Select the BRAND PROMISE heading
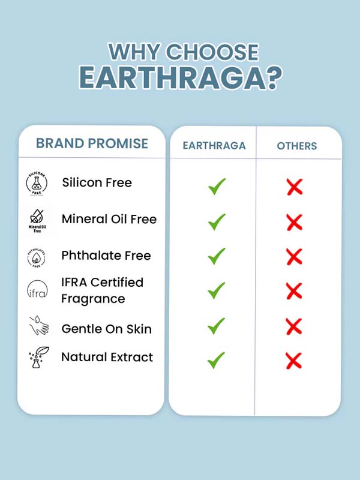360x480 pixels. [92, 143]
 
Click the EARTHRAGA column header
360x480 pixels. [214, 146]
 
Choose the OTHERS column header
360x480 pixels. [296, 146]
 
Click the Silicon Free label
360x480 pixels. [97, 182]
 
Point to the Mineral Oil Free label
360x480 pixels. [109, 219]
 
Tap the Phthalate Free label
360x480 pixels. [106, 256]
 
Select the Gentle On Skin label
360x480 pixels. [107, 329]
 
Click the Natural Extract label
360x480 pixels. [107, 357]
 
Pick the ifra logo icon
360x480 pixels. [37, 289]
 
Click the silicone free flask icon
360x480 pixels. [37, 184]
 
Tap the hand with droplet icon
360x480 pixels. [39, 325]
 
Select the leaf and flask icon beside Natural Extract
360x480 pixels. [39, 357]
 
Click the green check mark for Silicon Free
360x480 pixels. [217, 186]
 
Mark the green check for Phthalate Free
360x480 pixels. [217, 256]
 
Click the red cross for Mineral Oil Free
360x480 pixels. [295, 222]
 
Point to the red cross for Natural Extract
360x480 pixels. [294, 361]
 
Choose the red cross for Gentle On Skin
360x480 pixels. [294, 326]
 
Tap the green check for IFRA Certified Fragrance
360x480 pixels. [216, 290]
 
